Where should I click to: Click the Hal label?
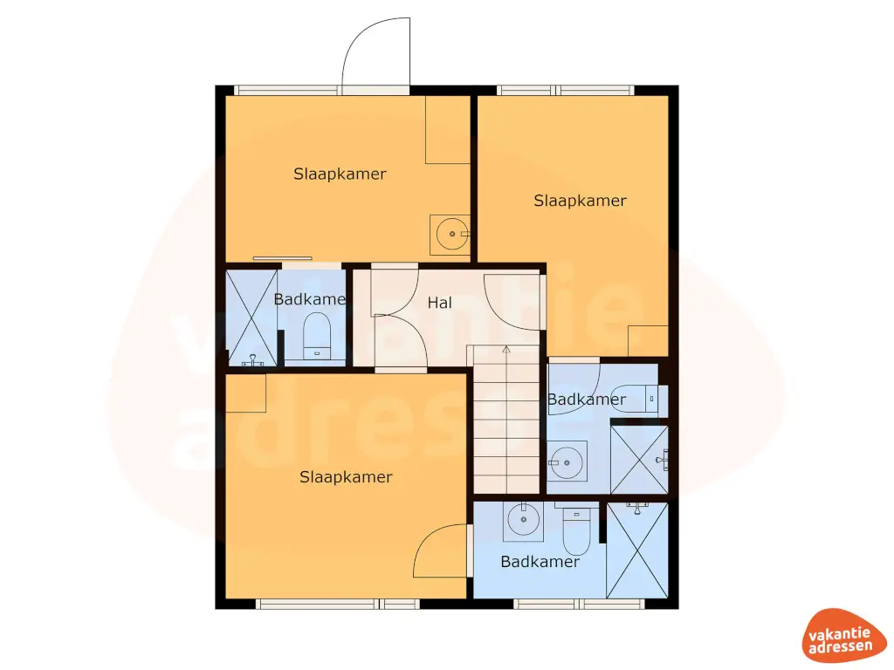point(439,304)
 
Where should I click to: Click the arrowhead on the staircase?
point(505,350)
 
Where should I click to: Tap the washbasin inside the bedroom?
point(450,233)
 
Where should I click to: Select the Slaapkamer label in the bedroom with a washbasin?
point(340,174)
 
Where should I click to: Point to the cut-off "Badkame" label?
point(309,299)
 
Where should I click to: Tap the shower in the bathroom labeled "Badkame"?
point(251,318)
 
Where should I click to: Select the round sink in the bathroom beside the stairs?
point(566,460)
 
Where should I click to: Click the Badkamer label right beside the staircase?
point(586,400)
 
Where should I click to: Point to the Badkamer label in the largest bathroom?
point(540,562)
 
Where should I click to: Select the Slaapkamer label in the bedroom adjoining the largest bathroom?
point(346,477)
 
